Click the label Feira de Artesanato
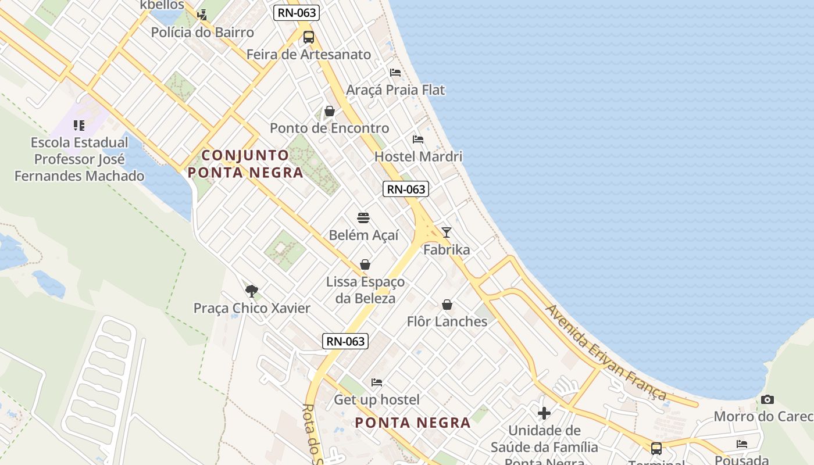tap(308, 55)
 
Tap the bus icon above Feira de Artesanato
tap(309, 37)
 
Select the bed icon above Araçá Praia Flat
tap(395, 73)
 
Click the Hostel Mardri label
tap(418, 156)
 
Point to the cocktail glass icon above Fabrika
tap(447, 233)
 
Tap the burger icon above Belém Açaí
tap(363, 218)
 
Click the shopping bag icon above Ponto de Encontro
tap(330, 111)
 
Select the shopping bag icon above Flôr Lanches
tap(447, 305)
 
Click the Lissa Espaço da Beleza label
tap(365, 290)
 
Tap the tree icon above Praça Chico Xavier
tap(252, 291)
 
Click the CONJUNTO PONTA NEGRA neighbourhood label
tap(245, 164)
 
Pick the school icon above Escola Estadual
tap(79, 125)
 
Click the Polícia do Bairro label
tap(202, 32)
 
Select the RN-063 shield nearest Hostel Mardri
tap(406, 189)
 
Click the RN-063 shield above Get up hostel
tap(345, 341)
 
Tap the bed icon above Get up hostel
tap(377, 382)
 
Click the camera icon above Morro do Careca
tap(767, 399)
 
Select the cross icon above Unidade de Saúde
tap(544, 413)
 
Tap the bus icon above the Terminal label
tap(656, 448)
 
